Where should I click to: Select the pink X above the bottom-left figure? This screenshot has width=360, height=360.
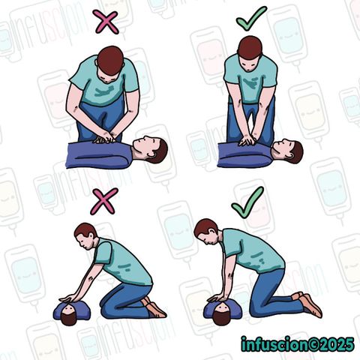point(103,201)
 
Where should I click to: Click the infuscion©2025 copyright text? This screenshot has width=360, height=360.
point(298,344)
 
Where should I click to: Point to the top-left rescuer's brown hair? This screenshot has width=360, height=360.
point(110,60)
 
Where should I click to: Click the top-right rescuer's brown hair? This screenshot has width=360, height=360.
point(250,48)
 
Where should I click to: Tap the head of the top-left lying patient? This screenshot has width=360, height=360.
point(150,149)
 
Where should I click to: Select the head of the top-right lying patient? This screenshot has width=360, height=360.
point(288,151)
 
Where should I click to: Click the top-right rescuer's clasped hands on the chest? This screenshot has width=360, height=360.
point(247,141)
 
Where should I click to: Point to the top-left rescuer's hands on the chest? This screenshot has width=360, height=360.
point(105,138)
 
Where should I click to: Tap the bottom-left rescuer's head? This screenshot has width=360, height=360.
point(85,235)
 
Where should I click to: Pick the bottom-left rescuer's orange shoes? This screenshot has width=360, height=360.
point(154,307)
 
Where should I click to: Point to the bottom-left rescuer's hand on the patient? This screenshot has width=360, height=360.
point(69,298)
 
